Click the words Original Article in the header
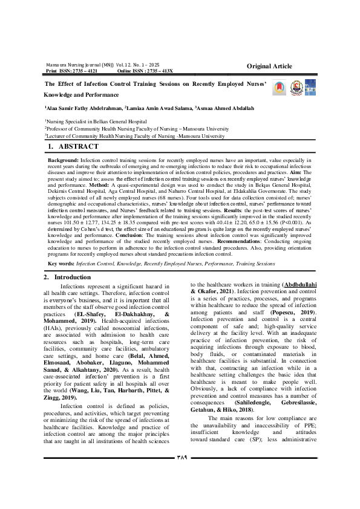[x=273, y=65]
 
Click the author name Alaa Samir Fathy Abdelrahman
[x=83, y=108]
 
